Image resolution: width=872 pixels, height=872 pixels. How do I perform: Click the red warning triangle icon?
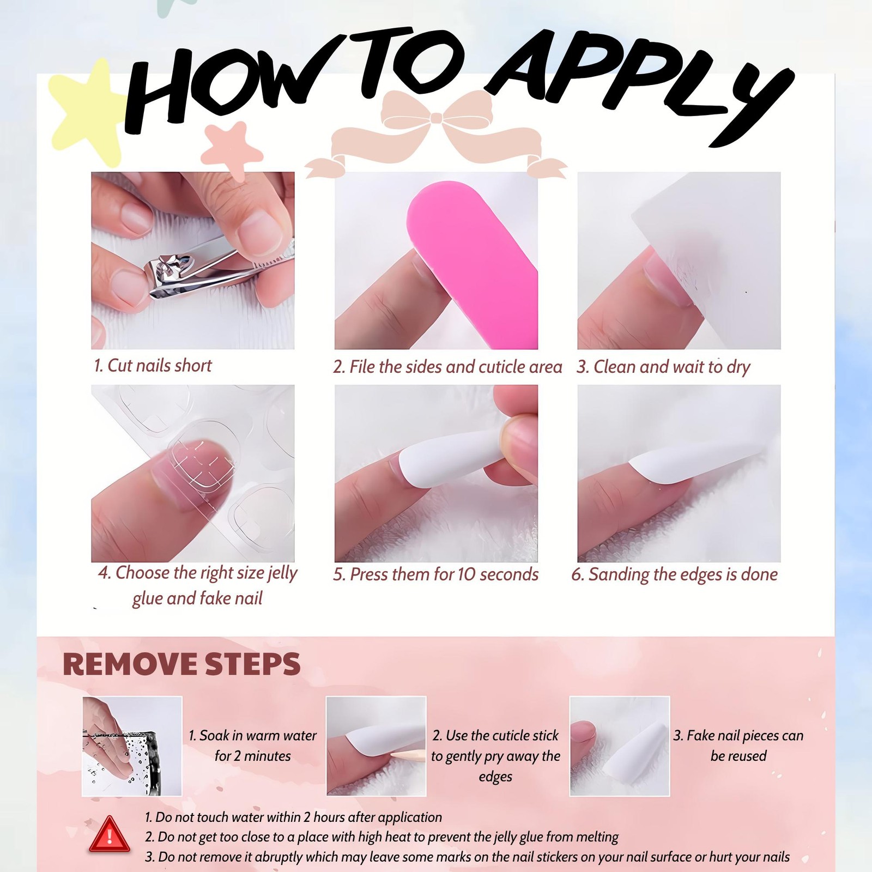click(110, 834)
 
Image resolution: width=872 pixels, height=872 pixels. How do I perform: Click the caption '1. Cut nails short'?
click(153, 365)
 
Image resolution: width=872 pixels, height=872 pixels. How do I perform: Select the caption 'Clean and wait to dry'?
click(671, 367)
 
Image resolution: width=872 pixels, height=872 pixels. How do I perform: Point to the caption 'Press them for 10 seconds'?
click(444, 574)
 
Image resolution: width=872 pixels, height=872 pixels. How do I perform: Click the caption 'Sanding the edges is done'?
click(683, 574)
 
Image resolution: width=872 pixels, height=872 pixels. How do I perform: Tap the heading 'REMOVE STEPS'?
click(181, 664)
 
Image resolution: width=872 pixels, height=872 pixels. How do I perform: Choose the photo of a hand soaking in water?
click(132, 746)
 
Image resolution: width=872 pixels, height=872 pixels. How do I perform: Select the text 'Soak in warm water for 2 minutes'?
click(252, 746)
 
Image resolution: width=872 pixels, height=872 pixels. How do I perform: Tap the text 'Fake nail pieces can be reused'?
click(738, 746)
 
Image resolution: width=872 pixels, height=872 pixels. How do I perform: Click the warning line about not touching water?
click(293, 817)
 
